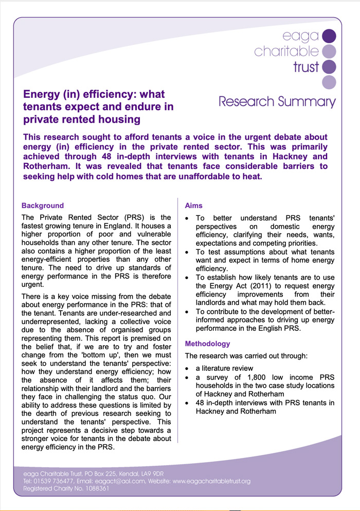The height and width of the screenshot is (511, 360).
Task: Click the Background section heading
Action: (43, 206)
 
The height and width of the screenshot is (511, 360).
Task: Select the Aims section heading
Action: (193, 206)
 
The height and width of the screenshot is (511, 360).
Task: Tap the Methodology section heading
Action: (207, 344)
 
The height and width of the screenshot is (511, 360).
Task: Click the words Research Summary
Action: (277, 101)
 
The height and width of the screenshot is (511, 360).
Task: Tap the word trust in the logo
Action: (306, 67)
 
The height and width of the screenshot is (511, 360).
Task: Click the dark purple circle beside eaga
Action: (329, 36)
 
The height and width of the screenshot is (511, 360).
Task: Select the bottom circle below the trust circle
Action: (329, 82)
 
